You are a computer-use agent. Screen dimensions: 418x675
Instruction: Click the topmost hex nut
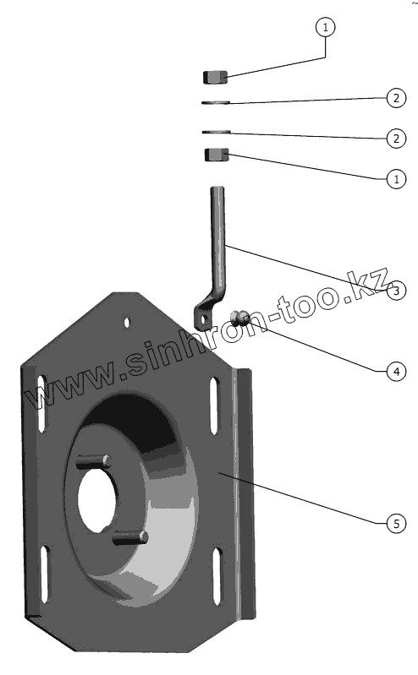click(215, 78)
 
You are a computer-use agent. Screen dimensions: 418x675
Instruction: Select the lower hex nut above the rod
click(217, 155)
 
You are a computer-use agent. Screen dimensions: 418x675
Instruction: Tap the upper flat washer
click(216, 102)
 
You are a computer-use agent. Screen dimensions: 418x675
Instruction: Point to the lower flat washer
click(217, 132)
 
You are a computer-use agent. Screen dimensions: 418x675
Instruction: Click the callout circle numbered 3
click(397, 290)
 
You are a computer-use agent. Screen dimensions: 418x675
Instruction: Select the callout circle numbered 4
click(397, 371)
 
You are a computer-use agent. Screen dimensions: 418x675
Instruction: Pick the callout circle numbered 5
click(397, 524)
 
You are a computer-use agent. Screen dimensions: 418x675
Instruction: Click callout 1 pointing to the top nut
click(325, 27)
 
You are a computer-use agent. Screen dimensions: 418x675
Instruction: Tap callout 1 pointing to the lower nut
click(397, 178)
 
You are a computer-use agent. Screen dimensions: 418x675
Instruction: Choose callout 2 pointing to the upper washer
click(397, 98)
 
